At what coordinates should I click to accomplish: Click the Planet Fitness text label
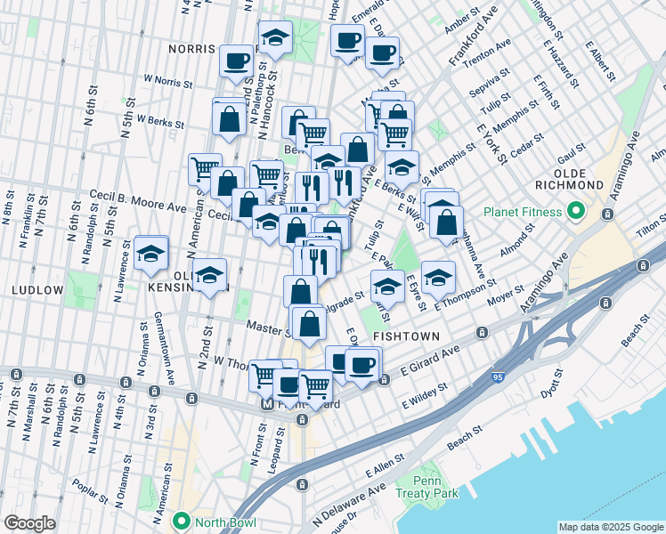(x=523, y=213)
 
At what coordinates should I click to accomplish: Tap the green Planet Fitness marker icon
(x=575, y=213)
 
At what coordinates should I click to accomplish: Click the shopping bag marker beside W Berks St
(x=230, y=117)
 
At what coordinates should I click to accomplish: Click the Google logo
(x=30, y=523)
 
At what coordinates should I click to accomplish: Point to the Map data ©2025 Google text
(x=610, y=527)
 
